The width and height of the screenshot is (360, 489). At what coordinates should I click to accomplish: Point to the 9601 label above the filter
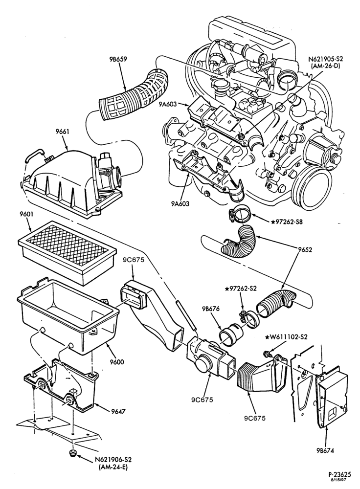(26, 215)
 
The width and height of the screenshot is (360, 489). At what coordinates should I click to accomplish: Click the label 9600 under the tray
(117, 362)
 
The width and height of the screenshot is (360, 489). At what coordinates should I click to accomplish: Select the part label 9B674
(325, 450)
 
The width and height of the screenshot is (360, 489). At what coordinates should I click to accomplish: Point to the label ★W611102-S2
(286, 337)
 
